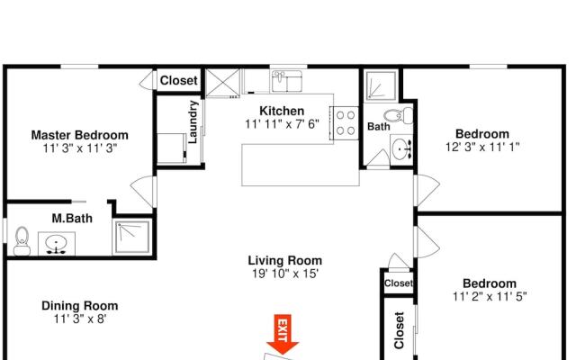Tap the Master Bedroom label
(x=80, y=135)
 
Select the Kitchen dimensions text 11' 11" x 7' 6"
(x=282, y=124)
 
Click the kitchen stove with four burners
(x=346, y=123)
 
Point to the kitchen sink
(x=287, y=81)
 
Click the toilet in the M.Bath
(x=22, y=241)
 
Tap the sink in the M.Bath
(x=57, y=244)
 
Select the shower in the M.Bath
(x=132, y=237)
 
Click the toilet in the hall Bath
(x=398, y=116)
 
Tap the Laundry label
(x=193, y=121)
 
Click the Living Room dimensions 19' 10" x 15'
(x=285, y=274)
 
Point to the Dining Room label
(x=80, y=306)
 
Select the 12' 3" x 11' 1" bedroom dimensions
(x=482, y=147)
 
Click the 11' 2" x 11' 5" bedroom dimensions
(x=490, y=296)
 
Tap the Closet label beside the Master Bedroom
(x=179, y=80)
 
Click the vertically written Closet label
(x=400, y=330)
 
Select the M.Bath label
(x=72, y=219)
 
